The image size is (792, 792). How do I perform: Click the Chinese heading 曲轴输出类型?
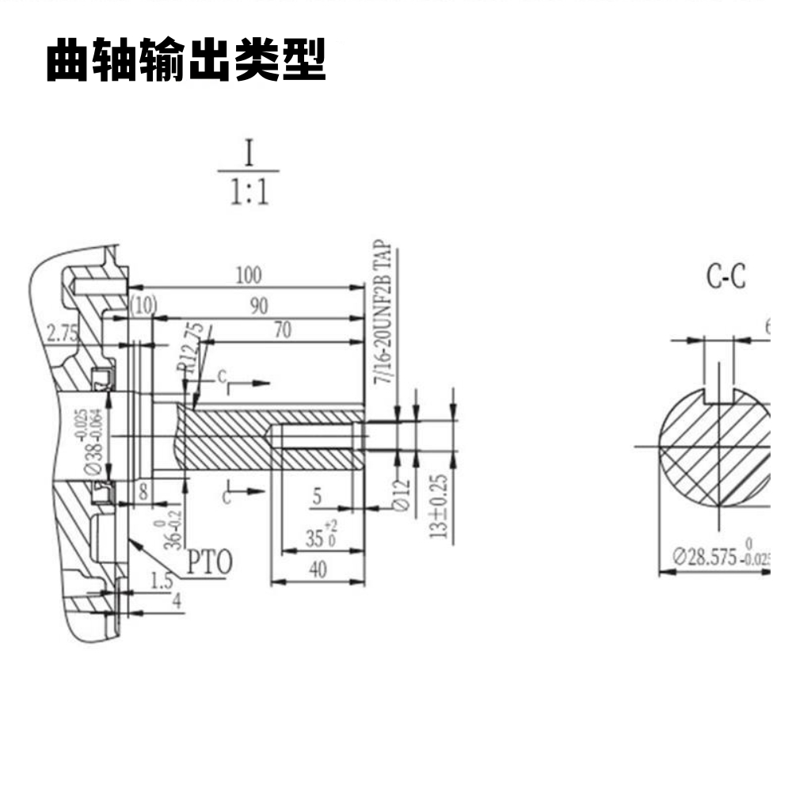(x=186, y=61)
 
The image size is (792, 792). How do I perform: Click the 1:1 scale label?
(x=249, y=192)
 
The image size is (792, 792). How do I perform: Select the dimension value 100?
(x=249, y=276)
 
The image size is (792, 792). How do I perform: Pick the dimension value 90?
(x=259, y=307)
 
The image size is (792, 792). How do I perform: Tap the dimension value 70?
(x=282, y=330)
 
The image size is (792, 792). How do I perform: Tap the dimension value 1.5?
(x=162, y=581)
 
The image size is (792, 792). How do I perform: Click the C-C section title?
(x=726, y=277)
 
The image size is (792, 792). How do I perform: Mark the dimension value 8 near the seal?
(x=143, y=490)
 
